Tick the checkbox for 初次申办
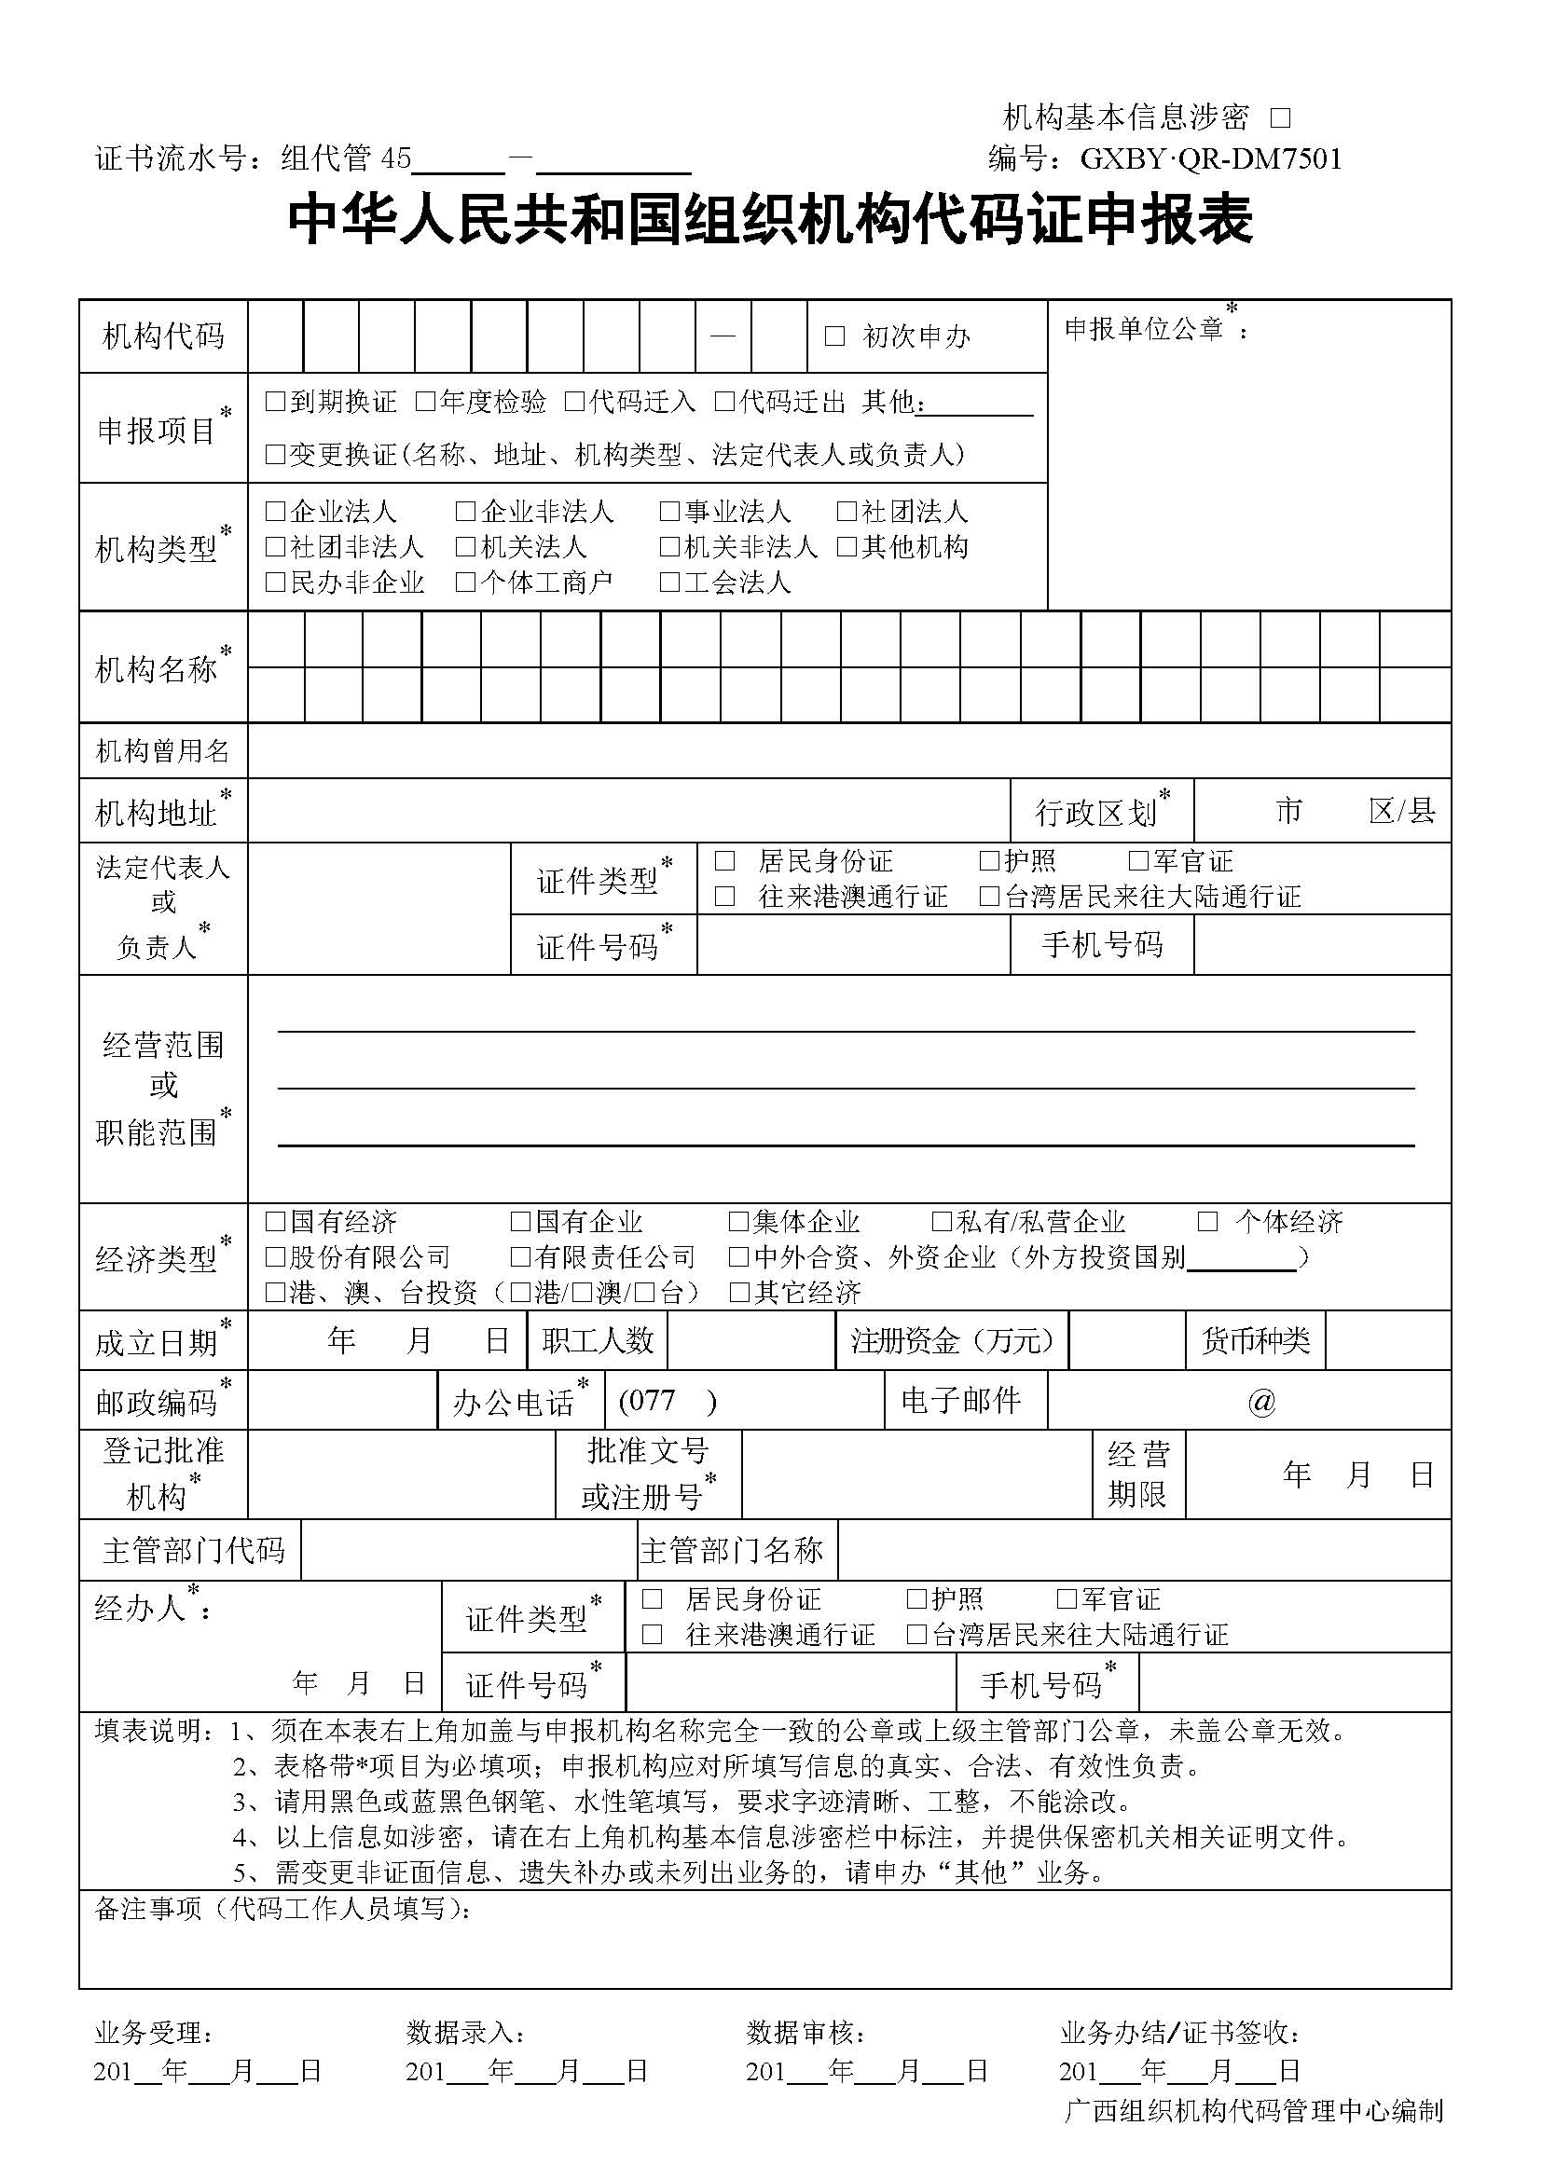[834, 336]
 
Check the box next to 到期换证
[275, 402]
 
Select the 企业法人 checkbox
[275, 512]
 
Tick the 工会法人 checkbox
[669, 582]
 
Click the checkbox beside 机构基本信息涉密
[1280, 118]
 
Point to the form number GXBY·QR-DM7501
[1211, 158]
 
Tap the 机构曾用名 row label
[162, 751]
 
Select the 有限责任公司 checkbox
[519, 1257]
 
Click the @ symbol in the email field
[1261, 1402]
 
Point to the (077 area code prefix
[647, 1401]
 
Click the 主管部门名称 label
[730, 1551]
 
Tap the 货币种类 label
[1255, 1340]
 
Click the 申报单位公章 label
[1143, 328]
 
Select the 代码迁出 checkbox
[724, 402]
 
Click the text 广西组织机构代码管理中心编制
[1253, 2136]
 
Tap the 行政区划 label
[1095, 813]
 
